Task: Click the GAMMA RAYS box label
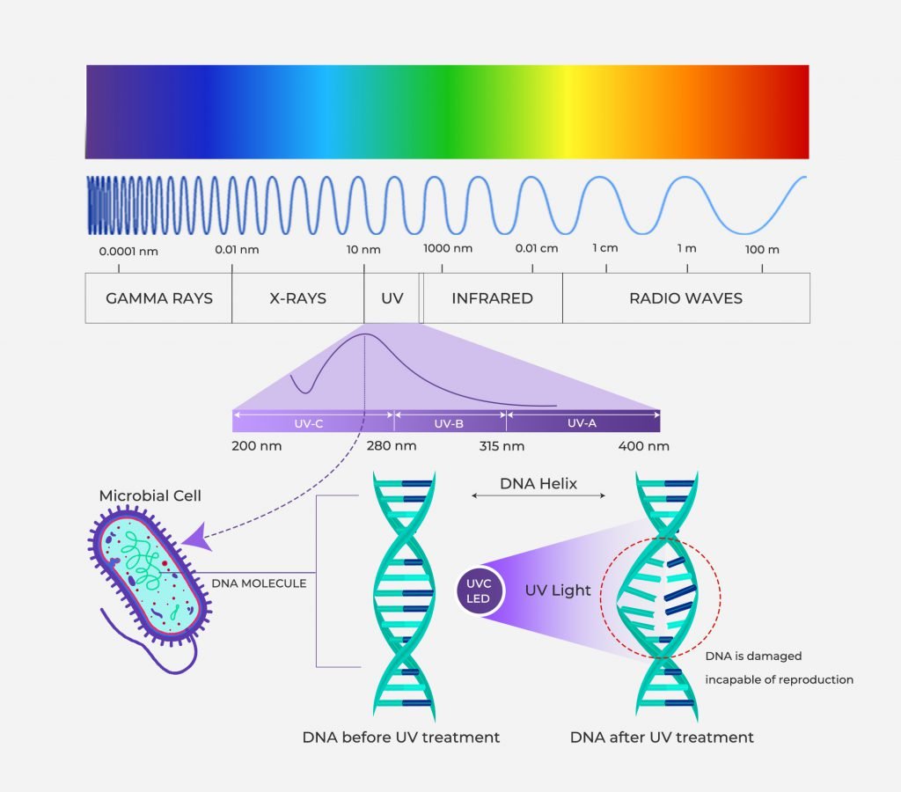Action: [x=159, y=298]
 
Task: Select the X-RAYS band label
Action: [x=297, y=298]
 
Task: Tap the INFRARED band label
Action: [x=492, y=298]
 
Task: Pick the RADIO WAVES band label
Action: [x=685, y=298]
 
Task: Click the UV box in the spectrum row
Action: [x=392, y=298]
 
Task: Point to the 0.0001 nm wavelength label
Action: [x=128, y=250]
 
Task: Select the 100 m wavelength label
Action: [x=762, y=250]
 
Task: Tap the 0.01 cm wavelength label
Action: [x=537, y=247]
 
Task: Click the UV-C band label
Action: [x=310, y=423]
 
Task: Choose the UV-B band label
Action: [x=449, y=423]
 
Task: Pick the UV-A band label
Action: [x=582, y=423]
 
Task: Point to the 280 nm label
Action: [x=392, y=446]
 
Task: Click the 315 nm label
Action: [x=502, y=446]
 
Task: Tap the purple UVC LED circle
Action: [x=480, y=591]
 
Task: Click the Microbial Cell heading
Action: [x=150, y=496]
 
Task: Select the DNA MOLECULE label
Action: [x=259, y=583]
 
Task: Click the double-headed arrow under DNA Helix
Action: [x=538, y=496]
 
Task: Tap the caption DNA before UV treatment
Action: [x=401, y=737]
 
